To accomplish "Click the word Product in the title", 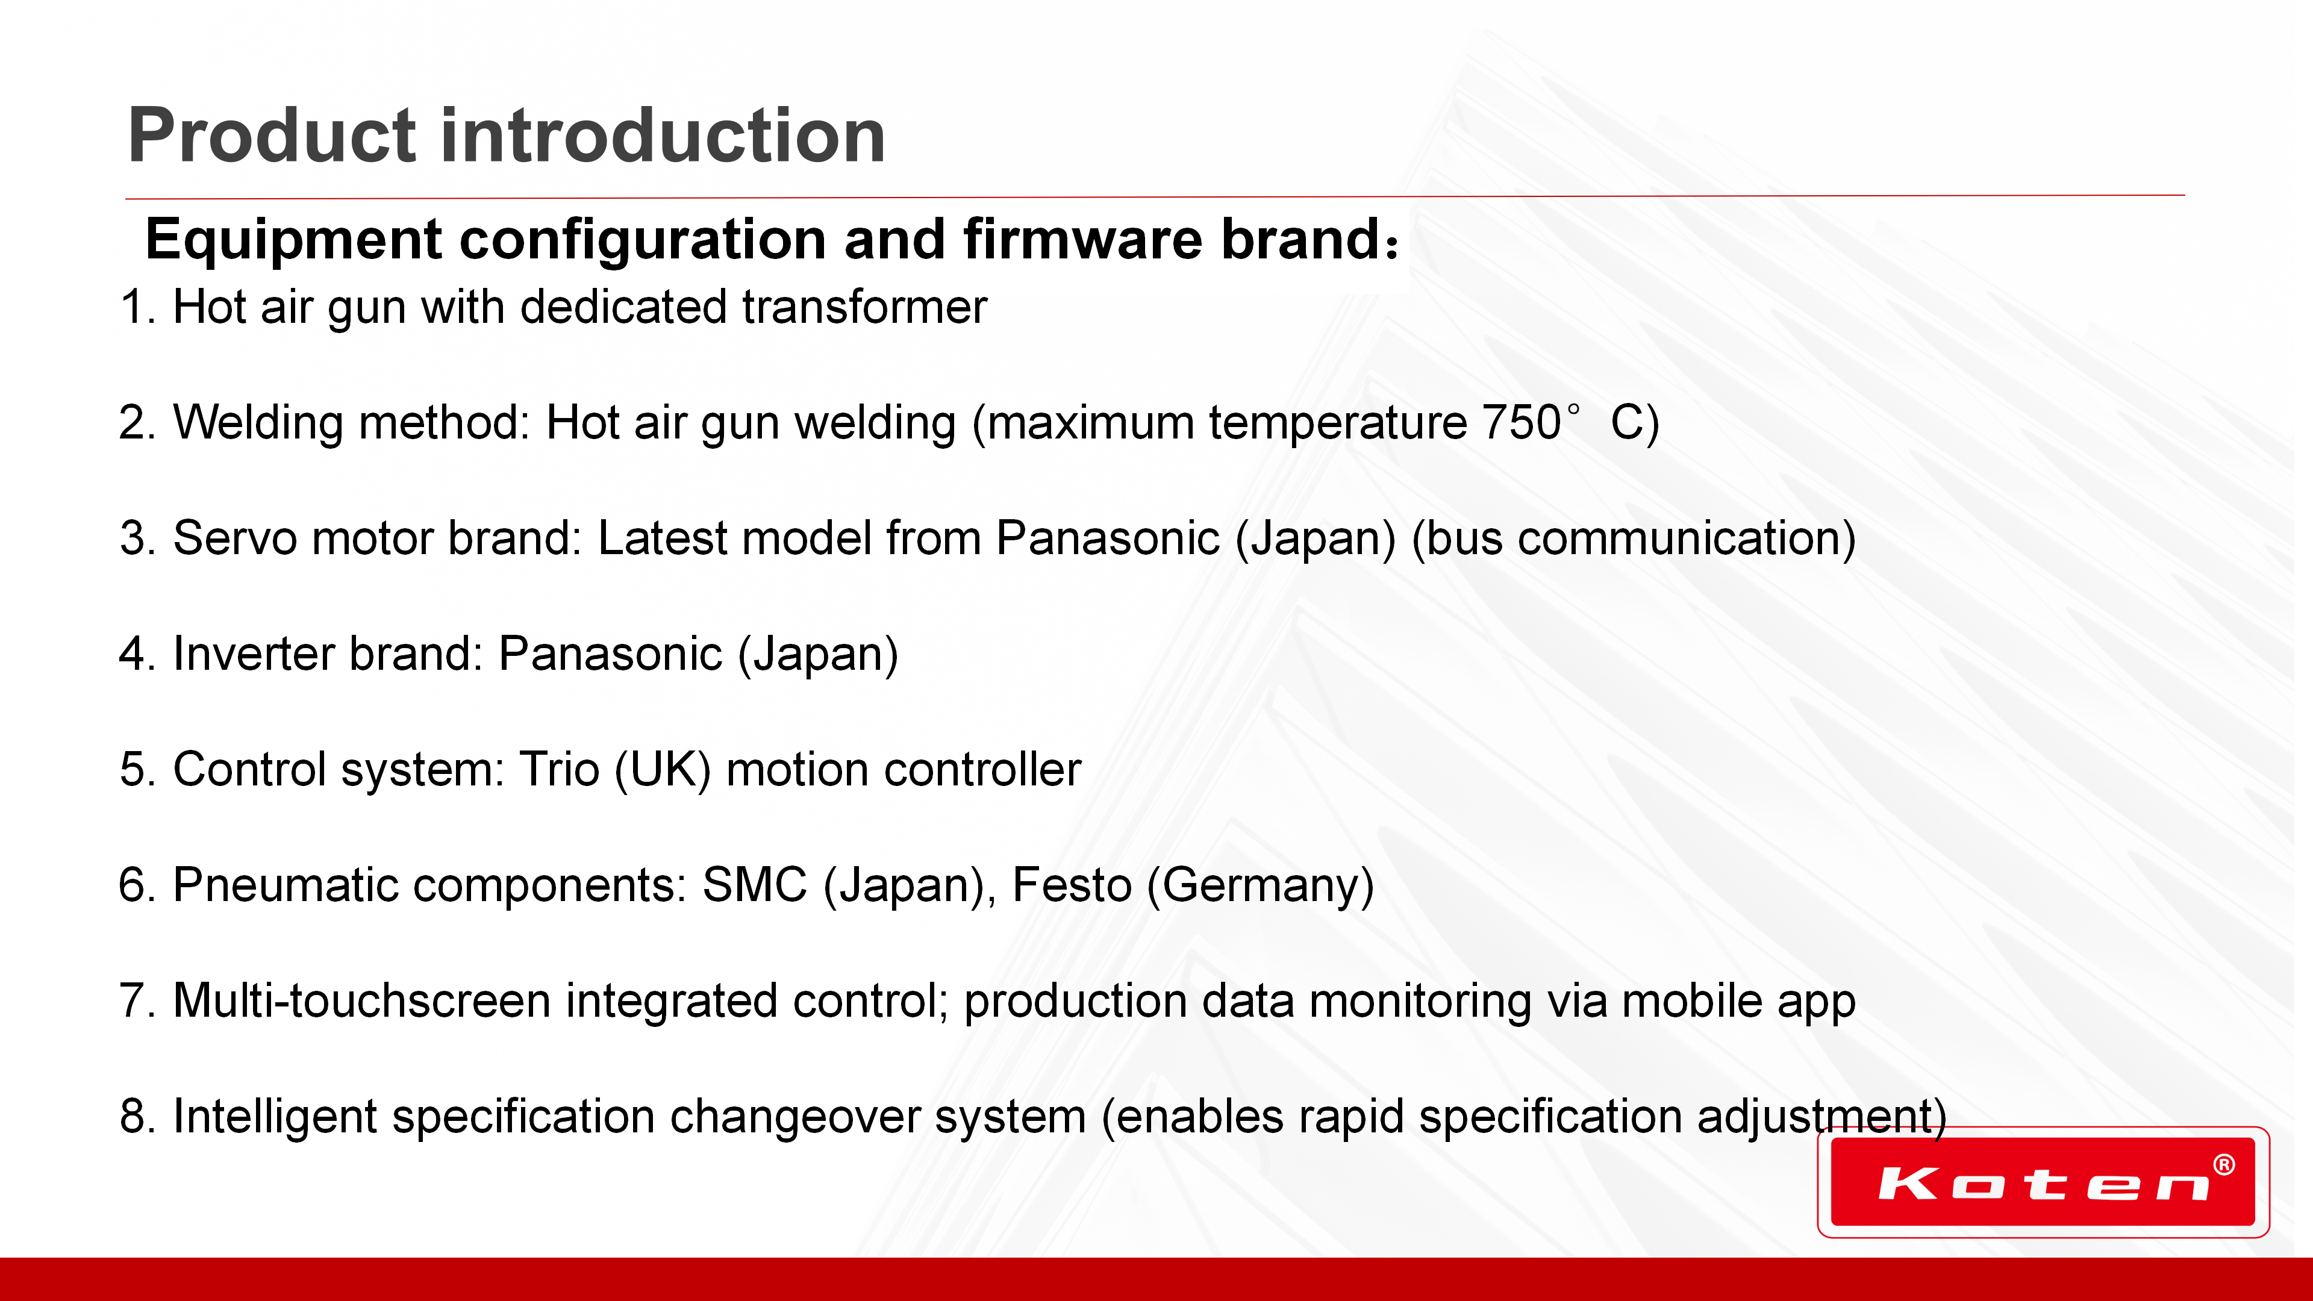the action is (x=272, y=137).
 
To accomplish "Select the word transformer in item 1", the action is (x=865, y=307).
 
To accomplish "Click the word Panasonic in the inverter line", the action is (x=611, y=654).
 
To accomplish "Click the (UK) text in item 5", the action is (x=663, y=770).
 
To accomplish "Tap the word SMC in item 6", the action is (x=755, y=885).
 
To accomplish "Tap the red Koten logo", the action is (x=2043, y=1182).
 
